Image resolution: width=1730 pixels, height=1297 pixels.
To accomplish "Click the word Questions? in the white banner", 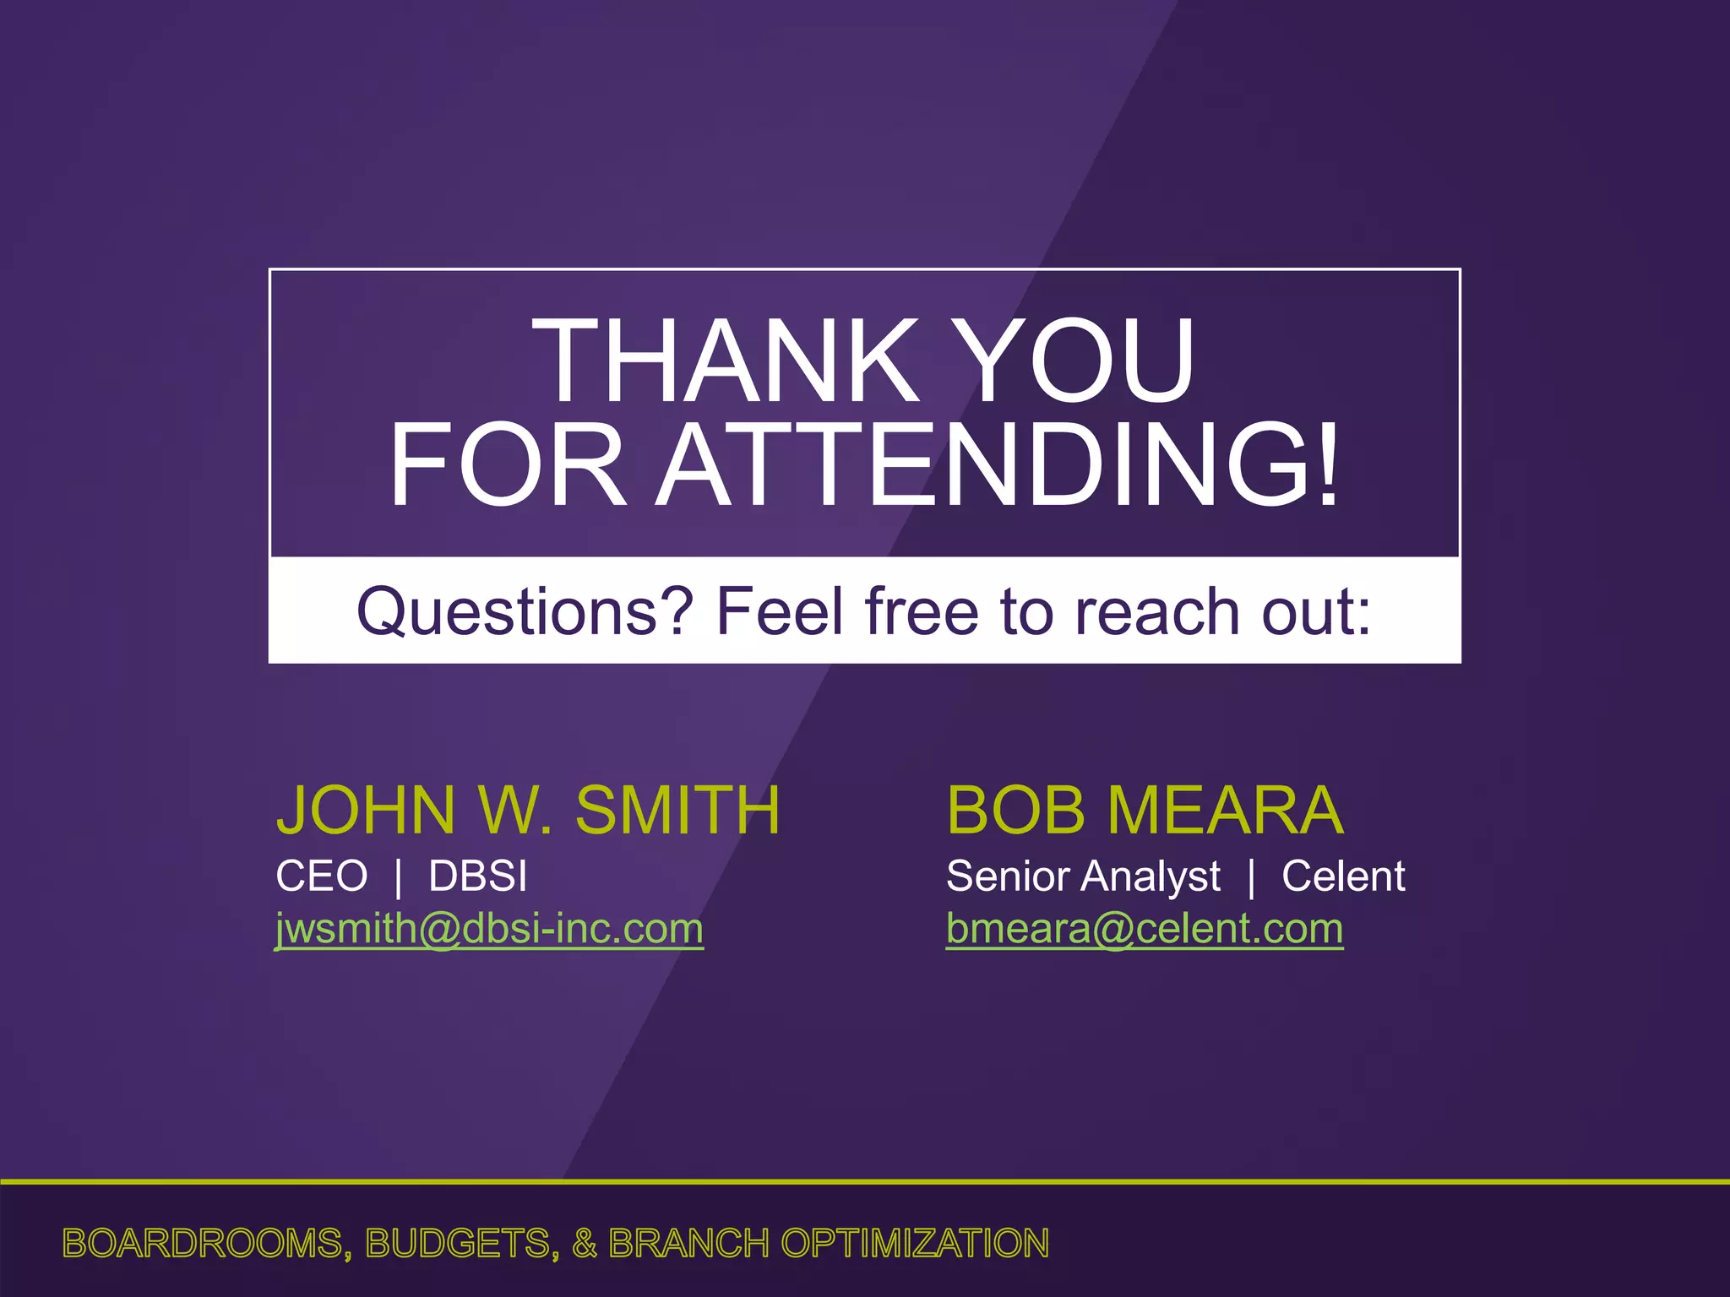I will (x=525, y=612).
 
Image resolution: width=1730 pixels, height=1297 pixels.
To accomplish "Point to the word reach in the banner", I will (x=1156, y=612).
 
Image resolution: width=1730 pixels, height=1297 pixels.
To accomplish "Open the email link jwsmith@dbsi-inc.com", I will (x=489, y=929).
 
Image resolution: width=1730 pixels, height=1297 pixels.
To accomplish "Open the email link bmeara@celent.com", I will (x=1144, y=929).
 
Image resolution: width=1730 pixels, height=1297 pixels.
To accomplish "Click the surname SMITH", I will (x=677, y=811).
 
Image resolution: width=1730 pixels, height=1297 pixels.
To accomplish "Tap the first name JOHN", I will (x=366, y=811).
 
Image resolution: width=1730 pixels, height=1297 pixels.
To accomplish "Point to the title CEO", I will (x=321, y=876).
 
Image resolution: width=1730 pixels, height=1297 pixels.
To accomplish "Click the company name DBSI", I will (x=477, y=876).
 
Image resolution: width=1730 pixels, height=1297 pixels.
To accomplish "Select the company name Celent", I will (x=1343, y=876).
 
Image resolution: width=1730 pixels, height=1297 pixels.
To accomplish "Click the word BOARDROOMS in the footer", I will (x=203, y=1244).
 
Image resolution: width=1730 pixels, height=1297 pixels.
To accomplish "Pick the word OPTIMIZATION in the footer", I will (x=915, y=1244).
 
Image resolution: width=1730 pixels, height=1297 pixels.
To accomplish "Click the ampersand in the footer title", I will (x=584, y=1244).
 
